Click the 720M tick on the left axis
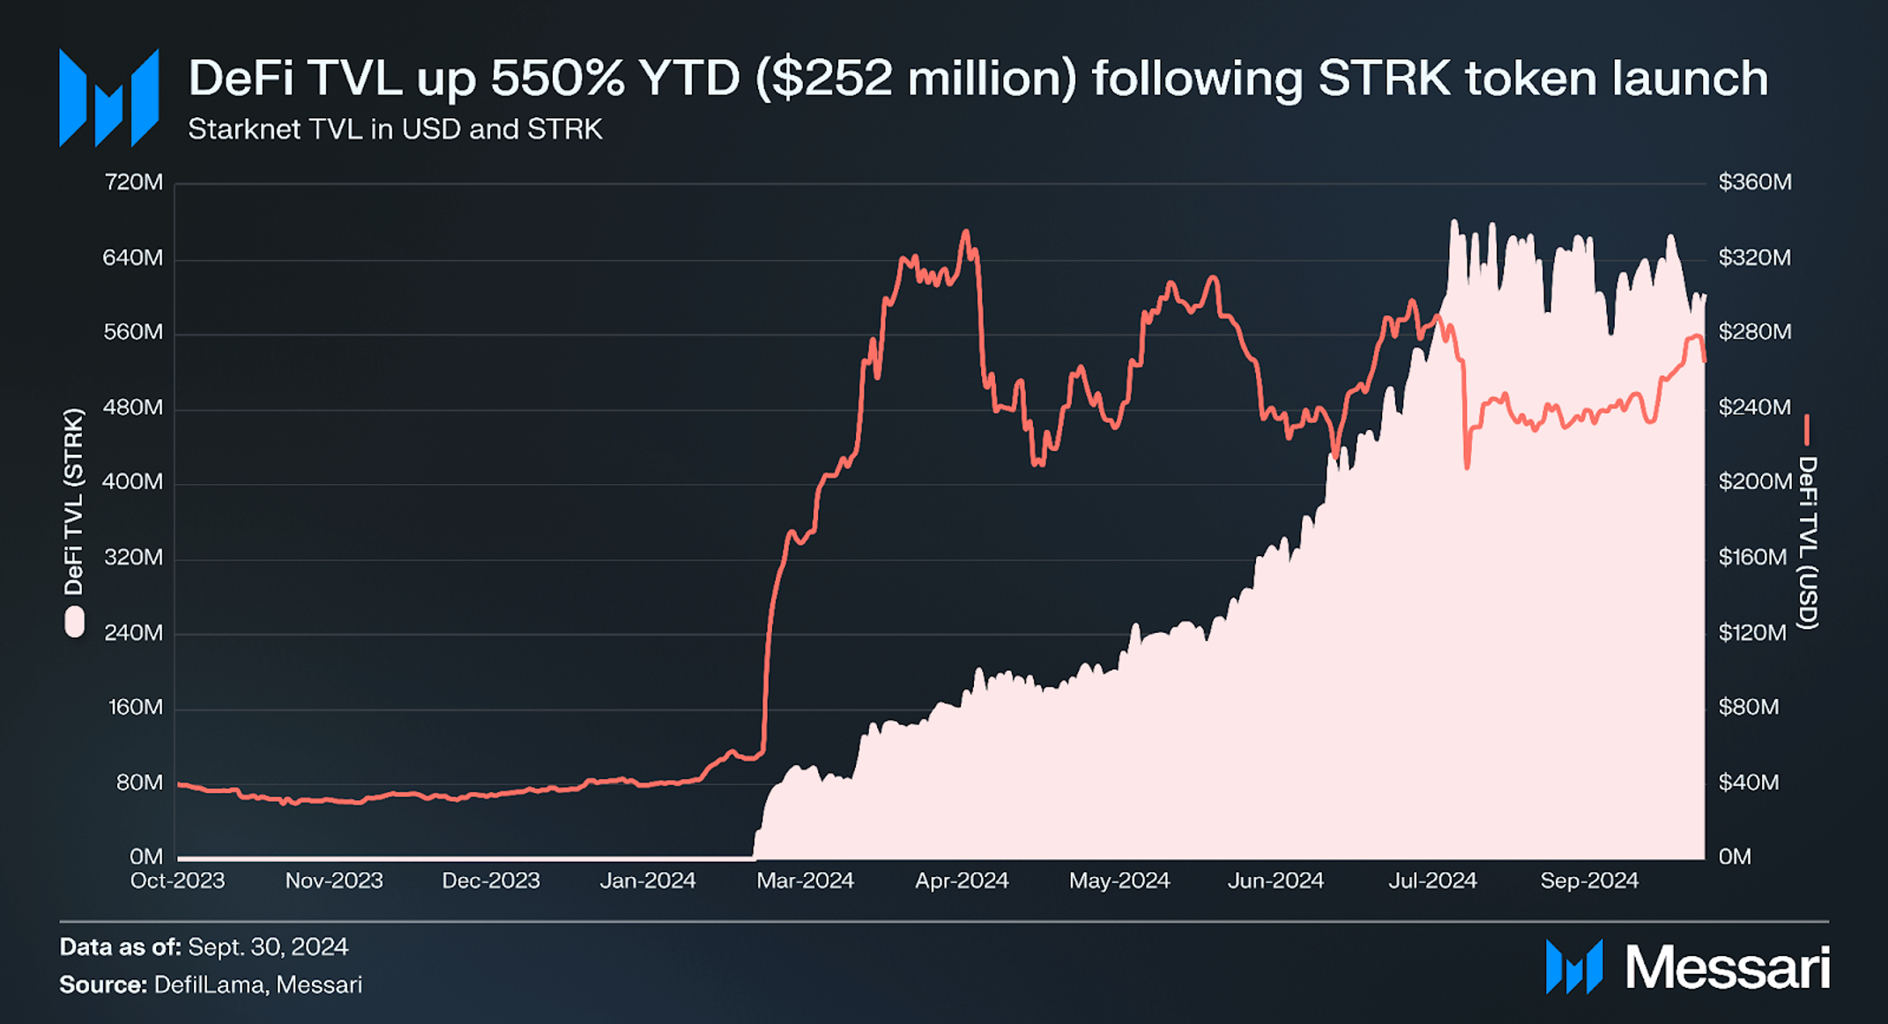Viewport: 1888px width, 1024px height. tap(133, 182)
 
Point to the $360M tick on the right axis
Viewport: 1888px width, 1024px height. tap(1754, 182)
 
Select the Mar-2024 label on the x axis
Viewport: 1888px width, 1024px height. tap(805, 880)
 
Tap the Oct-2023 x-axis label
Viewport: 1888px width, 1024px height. tap(177, 880)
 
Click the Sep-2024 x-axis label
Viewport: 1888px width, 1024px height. tap(1589, 880)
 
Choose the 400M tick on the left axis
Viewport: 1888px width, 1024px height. tap(133, 482)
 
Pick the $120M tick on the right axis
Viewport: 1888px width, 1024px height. tap(1752, 633)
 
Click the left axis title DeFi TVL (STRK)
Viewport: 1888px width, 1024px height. tap(74, 502)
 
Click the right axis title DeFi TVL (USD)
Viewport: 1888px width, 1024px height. tap(1808, 542)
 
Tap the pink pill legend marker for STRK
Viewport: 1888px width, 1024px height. tap(75, 621)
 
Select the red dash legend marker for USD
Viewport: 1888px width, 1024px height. tap(1807, 430)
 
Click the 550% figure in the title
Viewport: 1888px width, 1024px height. tap(557, 78)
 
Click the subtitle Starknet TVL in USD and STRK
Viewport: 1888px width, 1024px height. tap(395, 130)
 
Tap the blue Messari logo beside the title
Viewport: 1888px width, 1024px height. tap(108, 97)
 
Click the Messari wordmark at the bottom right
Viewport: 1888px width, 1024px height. tap(1727, 968)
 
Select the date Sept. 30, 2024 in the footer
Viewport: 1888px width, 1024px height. tap(268, 947)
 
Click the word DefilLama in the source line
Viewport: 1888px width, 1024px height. tap(209, 984)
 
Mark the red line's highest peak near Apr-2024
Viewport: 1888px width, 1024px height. tap(966, 232)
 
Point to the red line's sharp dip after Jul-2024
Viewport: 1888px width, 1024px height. tap(1467, 466)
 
